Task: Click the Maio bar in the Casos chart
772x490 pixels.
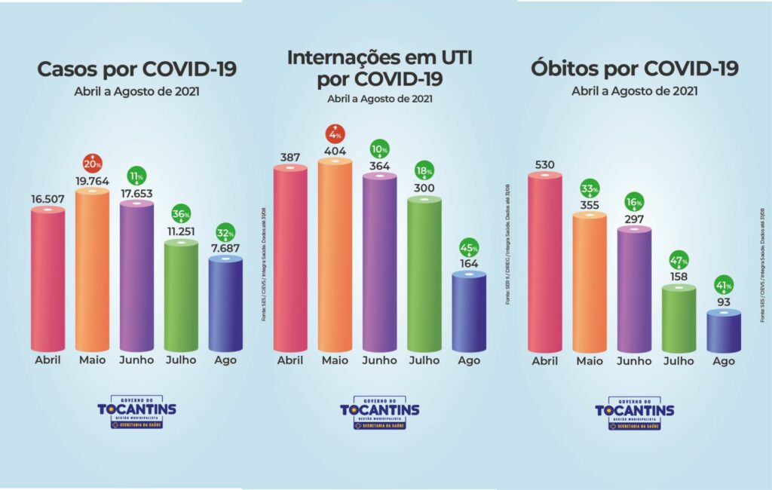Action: click(92, 271)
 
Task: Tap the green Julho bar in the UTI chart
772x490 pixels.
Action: click(424, 275)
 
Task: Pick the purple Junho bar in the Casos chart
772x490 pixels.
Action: click(136, 277)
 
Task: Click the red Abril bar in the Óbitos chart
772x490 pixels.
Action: click(544, 264)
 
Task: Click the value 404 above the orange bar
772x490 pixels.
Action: click(335, 151)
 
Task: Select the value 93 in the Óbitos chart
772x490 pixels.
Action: click(725, 302)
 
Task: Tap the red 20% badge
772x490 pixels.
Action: click(92, 162)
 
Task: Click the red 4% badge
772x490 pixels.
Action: click(335, 135)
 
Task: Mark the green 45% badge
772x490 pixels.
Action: click(469, 246)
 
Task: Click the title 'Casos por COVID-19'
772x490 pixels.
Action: click(137, 69)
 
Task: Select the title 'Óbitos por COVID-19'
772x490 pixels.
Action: click(635, 69)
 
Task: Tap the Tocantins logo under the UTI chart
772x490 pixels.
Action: click(379, 412)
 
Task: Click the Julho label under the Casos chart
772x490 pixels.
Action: click(181, 360)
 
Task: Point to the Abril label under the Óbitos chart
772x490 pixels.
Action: click(544, 361)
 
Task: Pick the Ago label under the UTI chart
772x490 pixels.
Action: click(469, 360)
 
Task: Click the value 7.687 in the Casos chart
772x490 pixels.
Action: click(225, 248)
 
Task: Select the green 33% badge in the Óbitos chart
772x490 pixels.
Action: click(590, 188)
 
